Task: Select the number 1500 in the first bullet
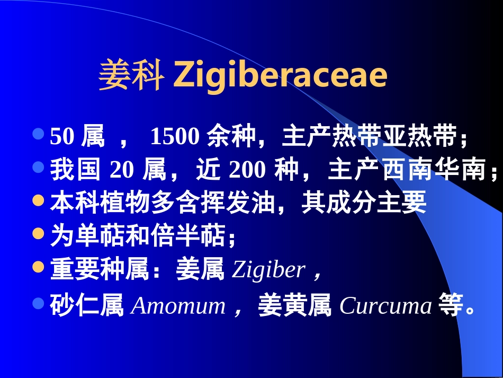[x=174, y=137]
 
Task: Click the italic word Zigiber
[x=268, y=270]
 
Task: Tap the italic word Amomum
[x=178, y=306]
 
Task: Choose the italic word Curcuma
[x=385, y=306]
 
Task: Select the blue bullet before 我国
[x=38, y=168]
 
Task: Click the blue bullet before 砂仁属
[x=38, y=303]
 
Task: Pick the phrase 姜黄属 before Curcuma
[x=295, y=306]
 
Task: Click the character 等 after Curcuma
[x=450, y=306]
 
